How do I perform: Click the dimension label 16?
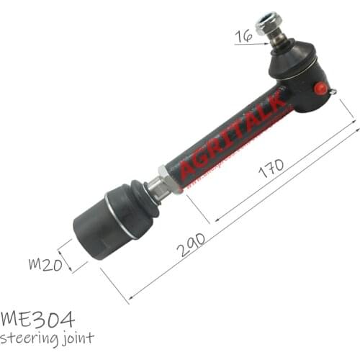click(x=243, y=35)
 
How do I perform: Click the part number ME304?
click(x=37, y=318)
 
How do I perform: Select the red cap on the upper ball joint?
click(x=320, y=89)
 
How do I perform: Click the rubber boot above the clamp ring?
click(x=133, y=199)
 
